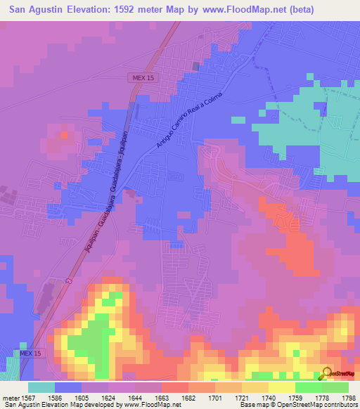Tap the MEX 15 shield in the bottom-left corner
click(x=27, y=352)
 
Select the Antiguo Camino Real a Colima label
click(x=180, y=120)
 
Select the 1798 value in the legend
click(x=349, y=397)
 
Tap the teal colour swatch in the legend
click(x=41, y=387)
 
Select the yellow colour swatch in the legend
click(x=281, y=387)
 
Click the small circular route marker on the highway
click(x=69, y=281)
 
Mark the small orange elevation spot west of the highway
click(x=65, y=133)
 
